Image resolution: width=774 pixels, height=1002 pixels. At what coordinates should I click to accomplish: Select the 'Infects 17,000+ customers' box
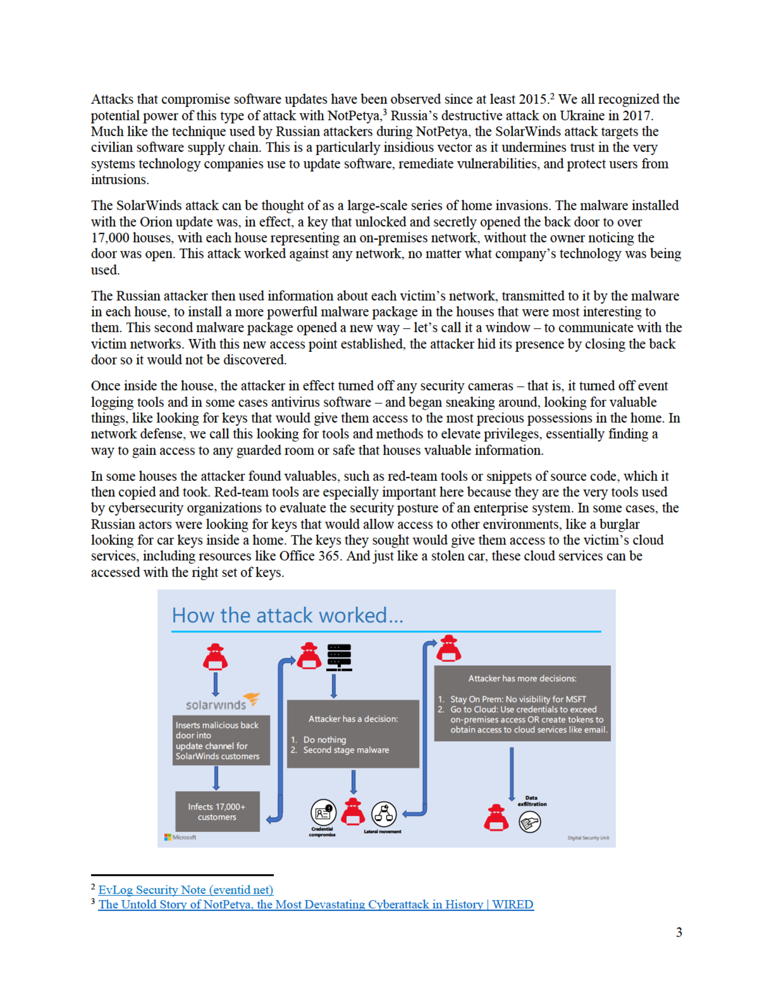pyautogui.click(x=217, y=812)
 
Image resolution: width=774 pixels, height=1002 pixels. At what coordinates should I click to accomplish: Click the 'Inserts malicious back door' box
pyautogui.click(x=221, y=740)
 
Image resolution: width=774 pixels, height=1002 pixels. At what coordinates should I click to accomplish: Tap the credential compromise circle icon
pyautogui.click(x=323, y=813)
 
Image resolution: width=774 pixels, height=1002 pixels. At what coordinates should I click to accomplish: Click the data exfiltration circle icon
pyautogui.click(x=530, y=822)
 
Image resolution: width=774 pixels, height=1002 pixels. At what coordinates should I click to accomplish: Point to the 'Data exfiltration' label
pyautogui.click(x=532, y=801)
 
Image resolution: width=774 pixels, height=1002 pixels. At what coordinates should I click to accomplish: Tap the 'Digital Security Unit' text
pyautogui.click(x=588, y=838)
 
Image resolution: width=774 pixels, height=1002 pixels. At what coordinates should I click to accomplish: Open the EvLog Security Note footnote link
pyautogui.click(x=186, y=890)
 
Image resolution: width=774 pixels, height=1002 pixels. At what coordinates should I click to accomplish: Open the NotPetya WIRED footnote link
pyautogui.click(x=316, y=904)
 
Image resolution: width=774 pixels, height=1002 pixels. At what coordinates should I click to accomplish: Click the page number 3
pyautogui.click(x=679, y=932)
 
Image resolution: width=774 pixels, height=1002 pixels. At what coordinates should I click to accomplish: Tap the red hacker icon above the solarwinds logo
pyautogui.click(x=215, y=657)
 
